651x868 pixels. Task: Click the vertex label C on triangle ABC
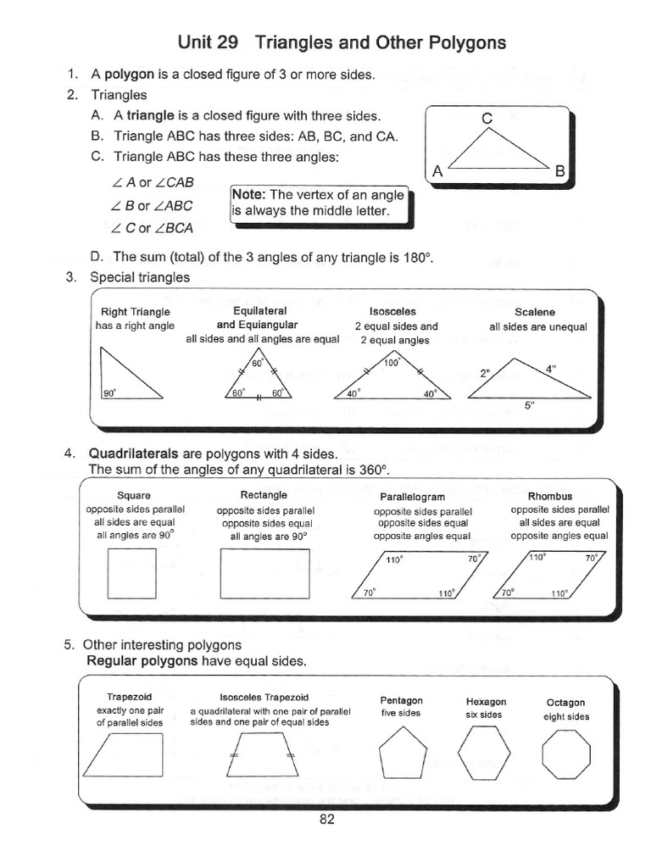click(487, 120)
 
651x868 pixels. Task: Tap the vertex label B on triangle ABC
click(559, 171)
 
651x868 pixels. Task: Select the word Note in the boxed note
click(249, 195)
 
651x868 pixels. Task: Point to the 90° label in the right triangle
click(108, 393)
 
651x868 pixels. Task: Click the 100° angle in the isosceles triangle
click(390, 363)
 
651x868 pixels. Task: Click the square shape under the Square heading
click(132, 573)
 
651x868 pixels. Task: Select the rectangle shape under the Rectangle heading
click(264, 574)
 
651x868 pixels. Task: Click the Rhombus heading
click(549, 496)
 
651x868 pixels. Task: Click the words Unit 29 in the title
click(209, 42)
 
